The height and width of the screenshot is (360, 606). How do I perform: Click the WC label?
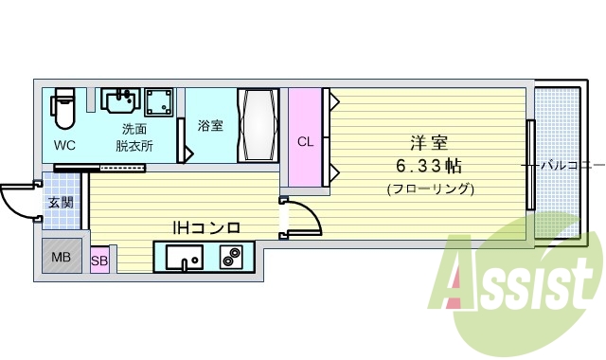tap(64, 146)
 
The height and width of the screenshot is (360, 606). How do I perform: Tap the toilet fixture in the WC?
tap(63, 110)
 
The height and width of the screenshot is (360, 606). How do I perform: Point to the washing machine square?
tap(157, 100)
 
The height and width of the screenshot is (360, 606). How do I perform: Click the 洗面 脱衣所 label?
tap(134, 137)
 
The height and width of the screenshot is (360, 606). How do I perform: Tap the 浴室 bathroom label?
tap(210, 125)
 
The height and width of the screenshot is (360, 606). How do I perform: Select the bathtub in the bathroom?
tap(256, 126)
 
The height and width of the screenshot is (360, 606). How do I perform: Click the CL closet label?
tap(305, 142)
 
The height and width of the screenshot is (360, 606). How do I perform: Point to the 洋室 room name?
tap(429, 144)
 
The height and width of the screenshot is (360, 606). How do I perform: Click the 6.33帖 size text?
tap(429, 166)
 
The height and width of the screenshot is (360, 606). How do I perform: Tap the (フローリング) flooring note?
tap(430, 188)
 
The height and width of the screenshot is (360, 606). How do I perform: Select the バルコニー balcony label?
tap(571, 165)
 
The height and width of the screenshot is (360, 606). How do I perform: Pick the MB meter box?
tap(61, 257)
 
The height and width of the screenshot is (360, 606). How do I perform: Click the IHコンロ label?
tap(205, 227)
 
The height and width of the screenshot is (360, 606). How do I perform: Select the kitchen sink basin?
tap(183, 257)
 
